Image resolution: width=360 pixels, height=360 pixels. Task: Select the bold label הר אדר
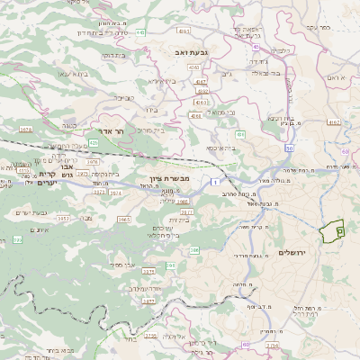click(105, 130)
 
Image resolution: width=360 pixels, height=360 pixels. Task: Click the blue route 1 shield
click(216, 183)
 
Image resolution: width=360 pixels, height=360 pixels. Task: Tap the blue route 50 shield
click(288, 147)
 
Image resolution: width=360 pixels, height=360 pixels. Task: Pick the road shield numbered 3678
click(25, 130)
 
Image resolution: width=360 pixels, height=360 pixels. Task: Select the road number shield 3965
click(124, 219)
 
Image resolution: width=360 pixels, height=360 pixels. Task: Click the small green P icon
click(339, 231)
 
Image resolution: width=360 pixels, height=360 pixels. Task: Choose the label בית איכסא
click(220, 148)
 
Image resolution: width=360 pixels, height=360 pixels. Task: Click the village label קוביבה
click(124, 96)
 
